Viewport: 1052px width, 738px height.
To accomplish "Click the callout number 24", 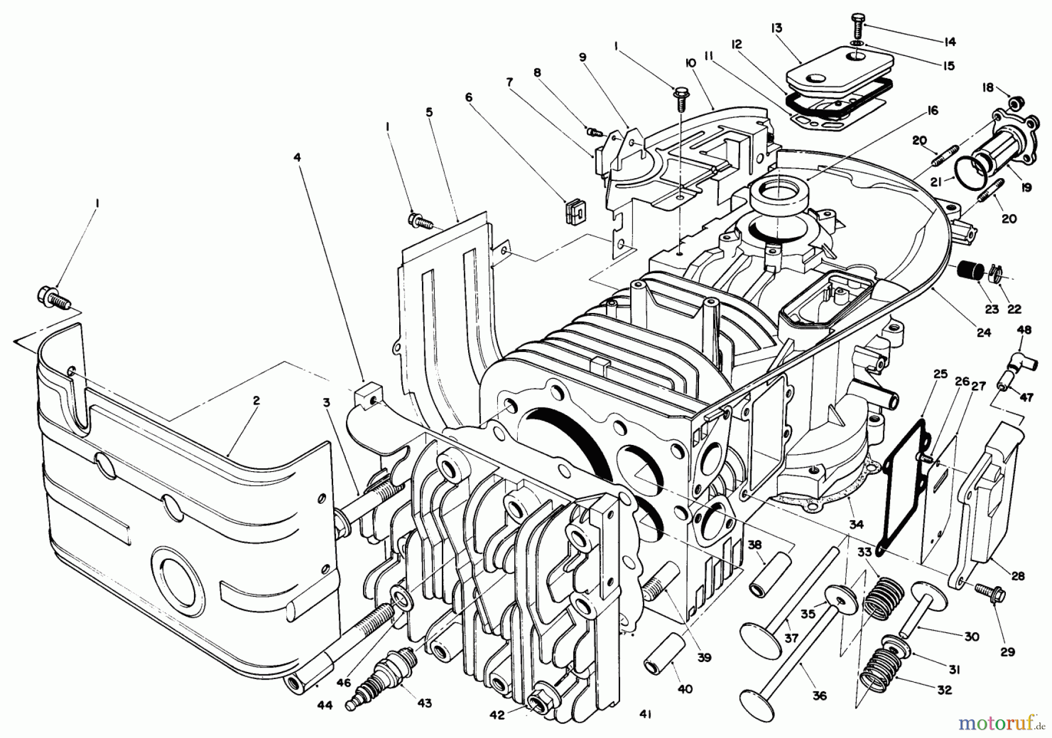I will coord(983,332).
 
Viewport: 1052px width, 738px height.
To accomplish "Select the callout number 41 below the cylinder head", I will coord(645,713).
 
